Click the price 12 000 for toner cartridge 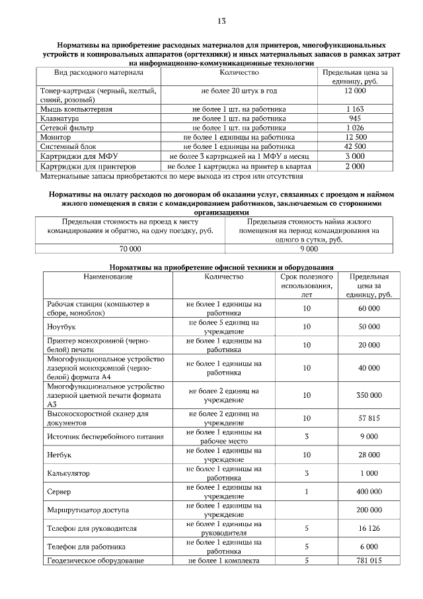[355, 90]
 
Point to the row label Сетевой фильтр [67, 127]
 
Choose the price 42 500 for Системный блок [355, 146]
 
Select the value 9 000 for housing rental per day [309, 249]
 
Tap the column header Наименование [108, 277]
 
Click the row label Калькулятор [68, 474]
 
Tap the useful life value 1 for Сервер [307, 492]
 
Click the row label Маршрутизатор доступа [88, 511]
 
